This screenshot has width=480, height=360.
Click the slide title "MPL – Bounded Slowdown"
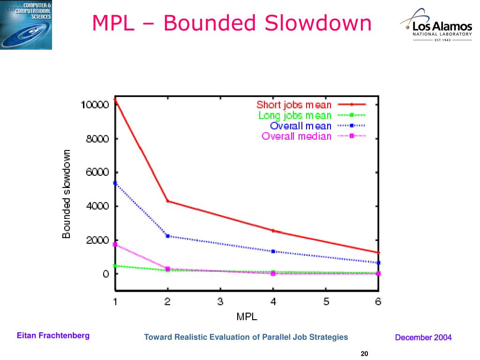[232, 23]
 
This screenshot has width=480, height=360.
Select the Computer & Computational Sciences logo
[26, 25]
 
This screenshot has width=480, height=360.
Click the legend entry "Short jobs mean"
[294, 105]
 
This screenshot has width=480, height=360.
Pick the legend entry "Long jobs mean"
[295, 115]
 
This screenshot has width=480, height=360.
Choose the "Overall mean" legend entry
[300, 126]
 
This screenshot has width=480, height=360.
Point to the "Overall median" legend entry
[296, 136]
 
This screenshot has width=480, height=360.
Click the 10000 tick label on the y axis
[95, 105]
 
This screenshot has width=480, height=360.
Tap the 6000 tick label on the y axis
[99, 172]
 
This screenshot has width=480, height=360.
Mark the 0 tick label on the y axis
[106, 274]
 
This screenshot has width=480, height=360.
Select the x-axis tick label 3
[220, 302]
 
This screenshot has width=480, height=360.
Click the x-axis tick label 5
[326, 302]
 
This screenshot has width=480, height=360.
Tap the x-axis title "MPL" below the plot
[247, 316]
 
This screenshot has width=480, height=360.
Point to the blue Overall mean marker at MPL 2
[168, 236]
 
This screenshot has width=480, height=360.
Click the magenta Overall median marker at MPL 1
[115, 245]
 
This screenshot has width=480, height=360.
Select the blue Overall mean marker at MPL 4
[273, 251]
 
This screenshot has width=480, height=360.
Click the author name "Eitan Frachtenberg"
[53, 336]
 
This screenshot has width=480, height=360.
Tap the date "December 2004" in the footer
[423, 337]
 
